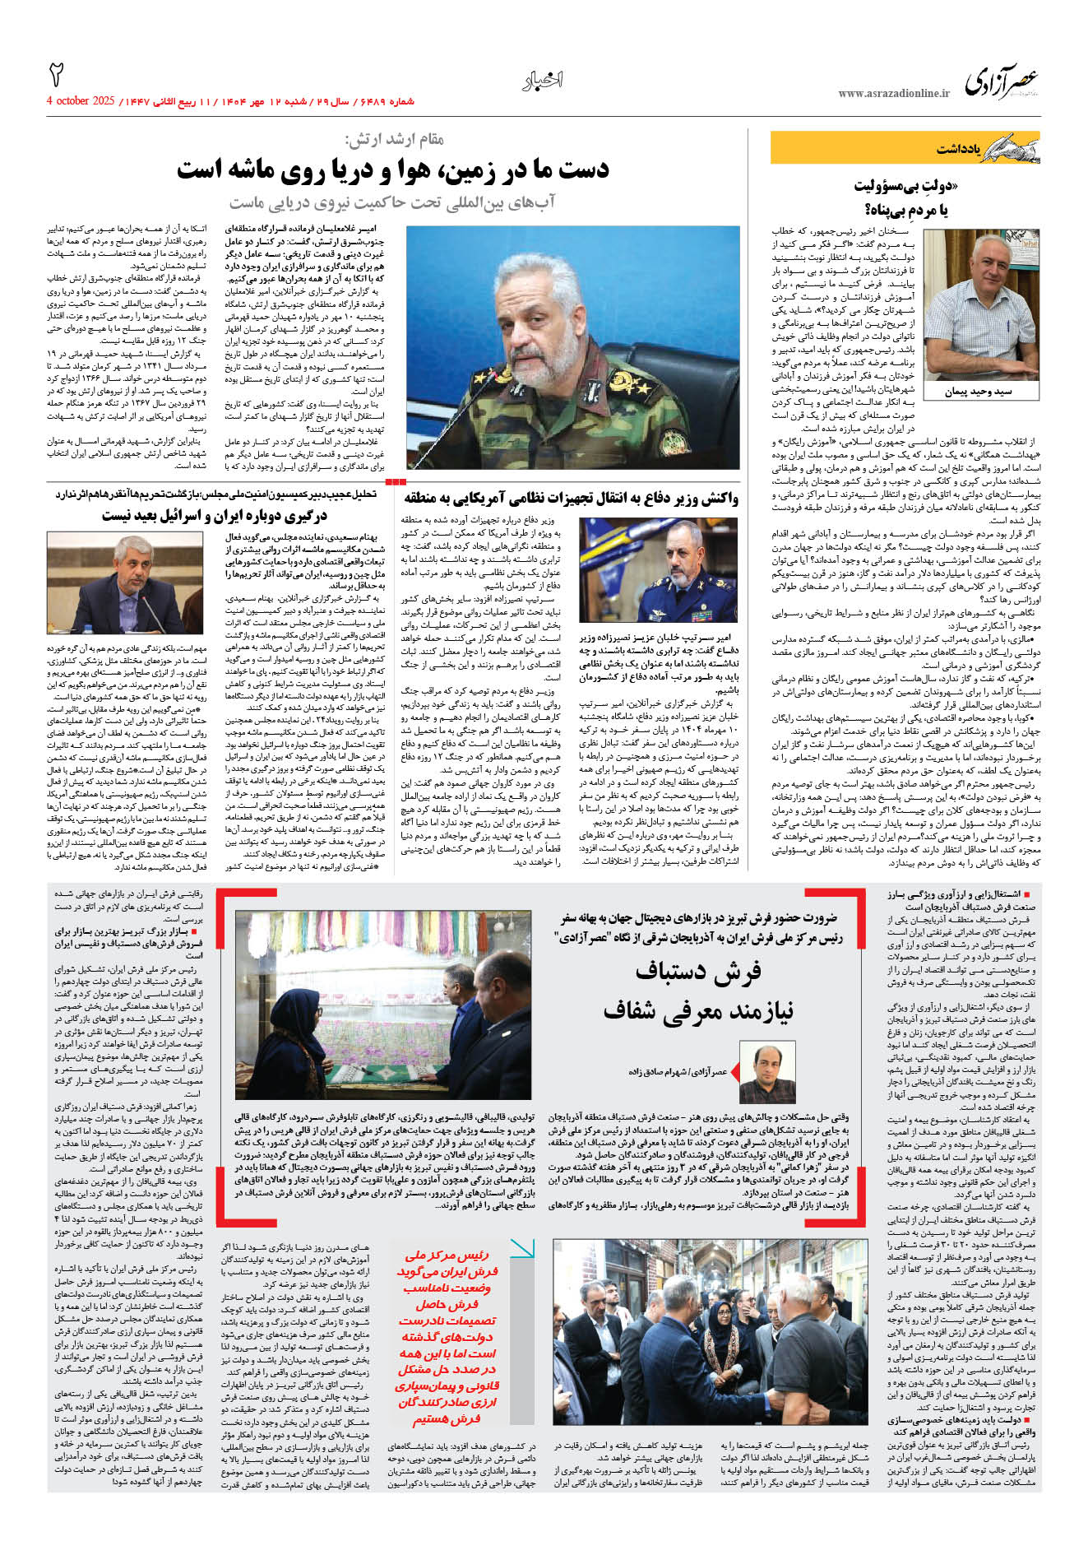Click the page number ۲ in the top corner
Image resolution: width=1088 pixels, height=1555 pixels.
(x=57, y=75)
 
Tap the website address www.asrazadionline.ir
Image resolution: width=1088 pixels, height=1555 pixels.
(x=894, y=94)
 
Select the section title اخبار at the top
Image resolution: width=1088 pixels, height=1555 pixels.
(x=543, y=81)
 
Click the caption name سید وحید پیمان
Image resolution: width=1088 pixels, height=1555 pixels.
(x=978, y=392)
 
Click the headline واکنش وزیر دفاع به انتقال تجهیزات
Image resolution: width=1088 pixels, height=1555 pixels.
(x=571, y=499)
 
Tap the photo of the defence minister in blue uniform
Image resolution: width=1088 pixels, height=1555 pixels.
(x=658, y=569)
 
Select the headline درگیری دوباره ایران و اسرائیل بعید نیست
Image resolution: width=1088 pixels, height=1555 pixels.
(x=215, y=516)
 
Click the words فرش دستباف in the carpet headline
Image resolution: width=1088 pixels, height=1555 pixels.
(x=698, y=972)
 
